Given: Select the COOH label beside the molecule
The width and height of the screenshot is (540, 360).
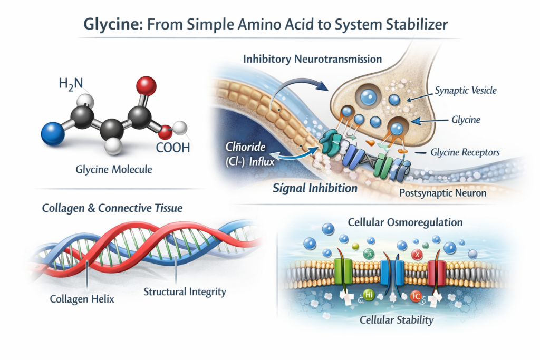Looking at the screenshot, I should click(x=172, y=149).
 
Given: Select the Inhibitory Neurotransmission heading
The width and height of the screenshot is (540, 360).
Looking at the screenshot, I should click(x=313, y=59).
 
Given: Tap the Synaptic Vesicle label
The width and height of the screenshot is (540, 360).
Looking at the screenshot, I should click(x=466, y=91).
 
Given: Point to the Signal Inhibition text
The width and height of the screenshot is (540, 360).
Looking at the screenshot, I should click(x=315, y=188).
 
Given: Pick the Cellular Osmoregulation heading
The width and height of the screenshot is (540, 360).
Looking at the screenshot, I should click(x=407, y=222).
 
